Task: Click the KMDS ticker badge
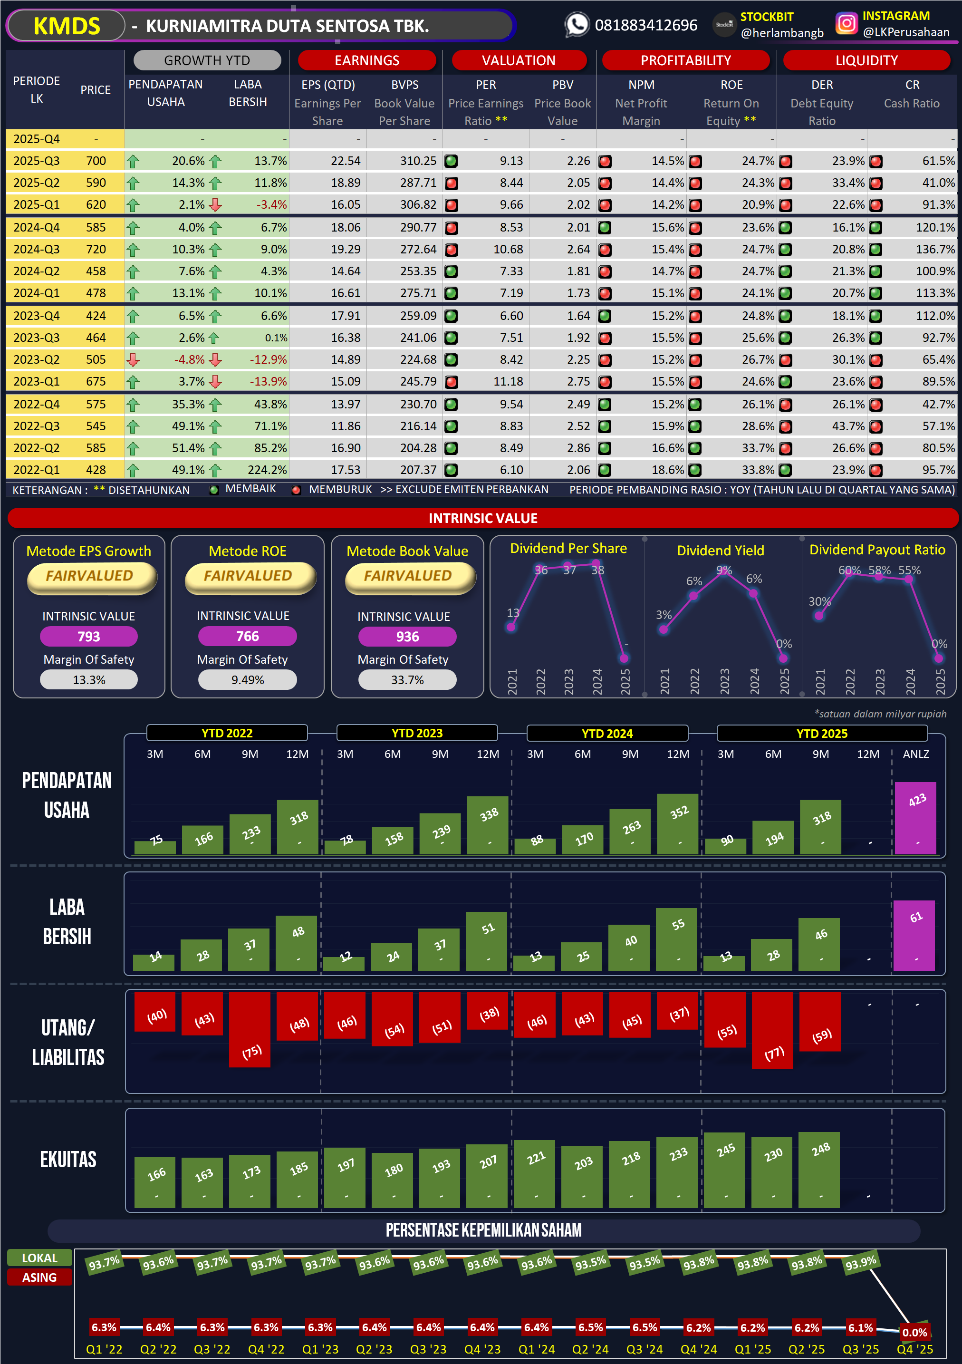pyautogui.click(x=67, y=26)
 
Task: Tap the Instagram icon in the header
pyautogui.click(x=846, y=23)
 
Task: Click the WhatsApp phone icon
pyautogui.click(x=576, y=24)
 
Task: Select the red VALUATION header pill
pyautogui.click(x=519, y=60)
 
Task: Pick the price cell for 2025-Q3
pyautogui.click(x=96, y=161)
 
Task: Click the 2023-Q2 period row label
pyautogui.click(x=36, y=359)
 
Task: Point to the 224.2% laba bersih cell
pyautogui.click(x=267, y=470)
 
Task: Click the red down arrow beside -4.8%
pyautogui.click(x=133, y=360)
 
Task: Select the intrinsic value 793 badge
pyautogui.click(x=88, y=636)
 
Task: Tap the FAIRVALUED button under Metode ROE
pyautogui.click(x=248, y=576)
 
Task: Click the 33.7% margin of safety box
pyautogui.click(x=407, y=680)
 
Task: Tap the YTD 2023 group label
pyautogui.click(x=417, y=733)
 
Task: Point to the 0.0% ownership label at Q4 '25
pyautogui.click(x=914, y=1333)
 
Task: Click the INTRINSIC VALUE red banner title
pyautogui.click(x=483, y=518)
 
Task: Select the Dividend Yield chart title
pyautogui.click(x=721, y=551)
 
